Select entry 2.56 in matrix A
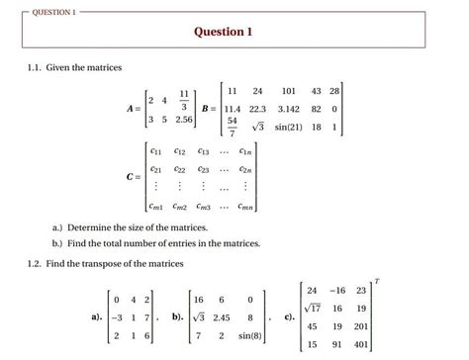point(183,120)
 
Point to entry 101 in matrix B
point(316,90)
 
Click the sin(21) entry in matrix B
point(318,128)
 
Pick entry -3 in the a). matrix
point(116,317)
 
